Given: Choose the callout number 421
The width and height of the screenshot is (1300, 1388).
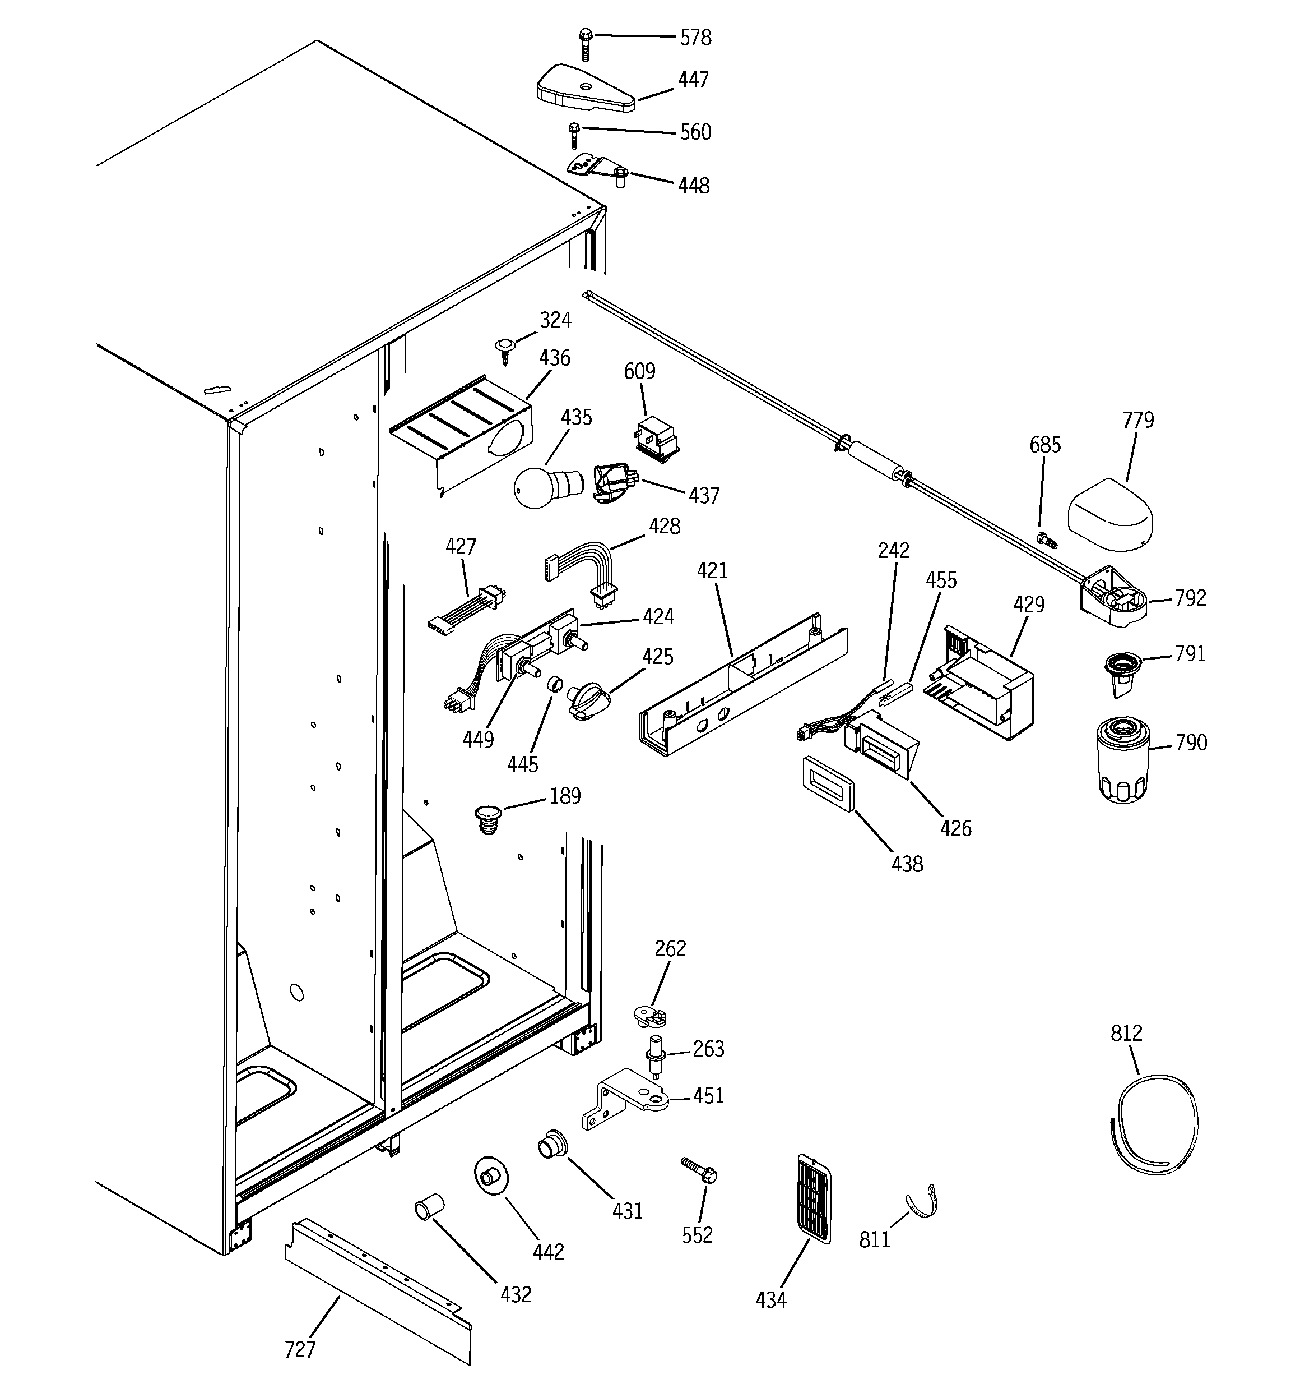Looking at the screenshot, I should (x=712, y=570).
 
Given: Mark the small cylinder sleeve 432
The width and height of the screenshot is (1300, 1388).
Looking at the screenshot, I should (x=430, y=1206).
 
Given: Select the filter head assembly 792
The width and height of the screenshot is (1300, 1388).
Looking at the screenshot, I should (x=1115, y=598).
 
